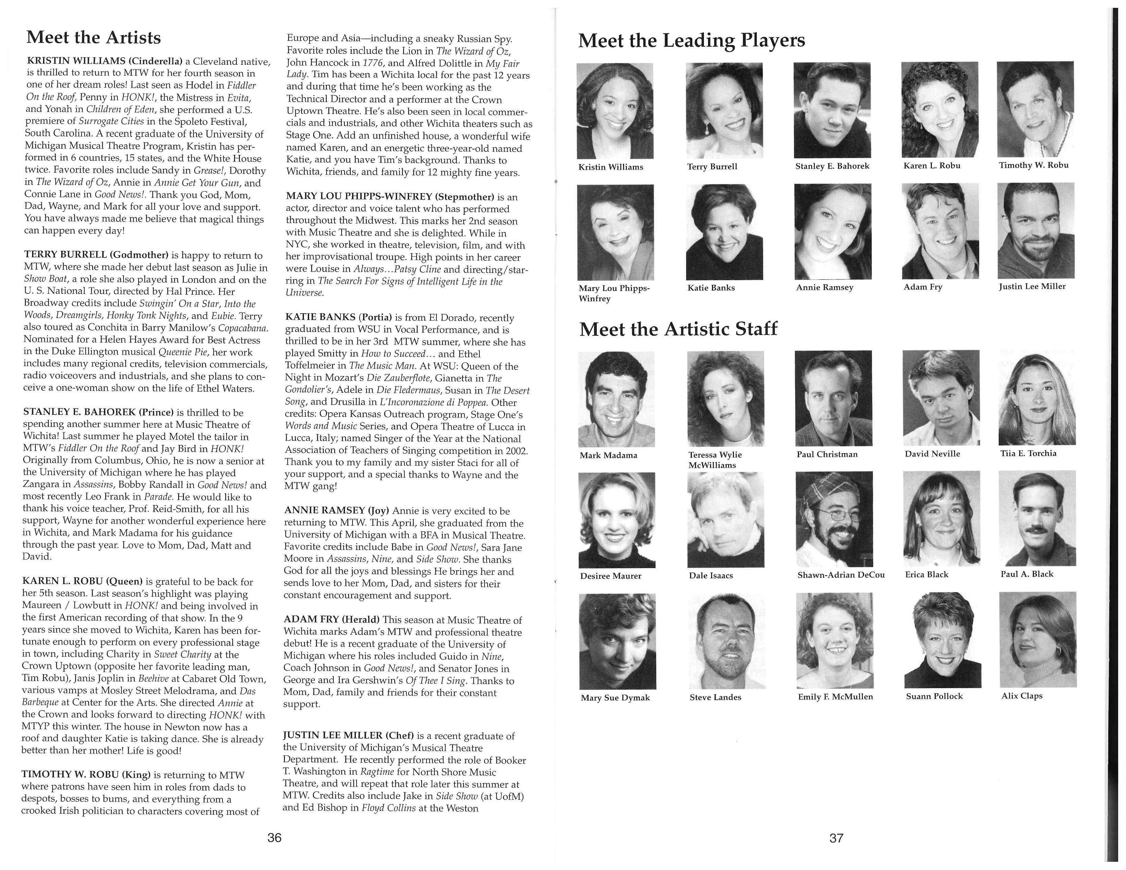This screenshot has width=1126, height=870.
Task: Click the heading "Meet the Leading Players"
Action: [x=691, y=40]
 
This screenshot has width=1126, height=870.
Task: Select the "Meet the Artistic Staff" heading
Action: [x=678, y=329]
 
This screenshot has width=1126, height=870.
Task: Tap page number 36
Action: [x=274, y=838]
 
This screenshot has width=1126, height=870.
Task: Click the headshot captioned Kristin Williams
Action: [x=615, y=111]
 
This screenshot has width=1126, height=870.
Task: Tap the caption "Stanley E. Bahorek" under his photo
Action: [x=832, y=166]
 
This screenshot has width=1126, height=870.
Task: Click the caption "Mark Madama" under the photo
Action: [x=608, y=455]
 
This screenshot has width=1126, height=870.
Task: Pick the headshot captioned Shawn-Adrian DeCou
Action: [x=834, y=519]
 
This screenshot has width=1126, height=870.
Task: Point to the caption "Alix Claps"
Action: [x=1022, y=695]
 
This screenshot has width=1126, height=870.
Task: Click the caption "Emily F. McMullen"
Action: [x=835, y=696]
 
